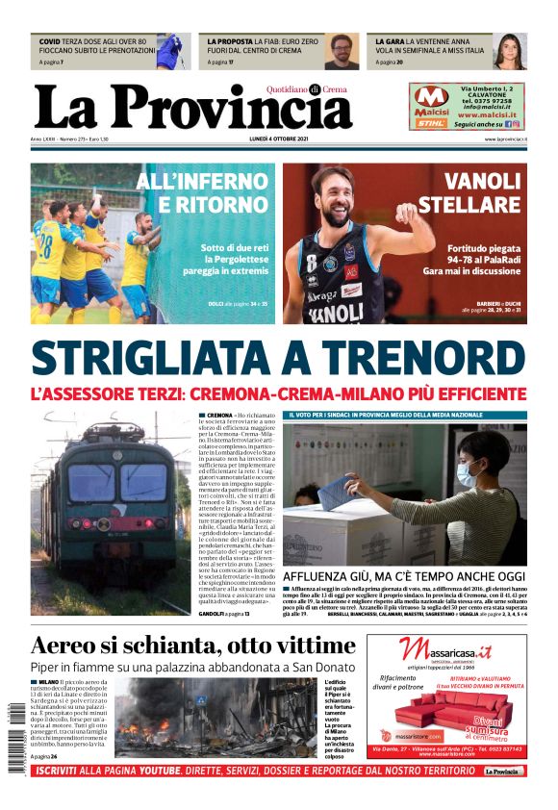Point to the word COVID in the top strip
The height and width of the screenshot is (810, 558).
tap(50, 42)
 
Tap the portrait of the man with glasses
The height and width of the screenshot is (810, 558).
tap(341, 51)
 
